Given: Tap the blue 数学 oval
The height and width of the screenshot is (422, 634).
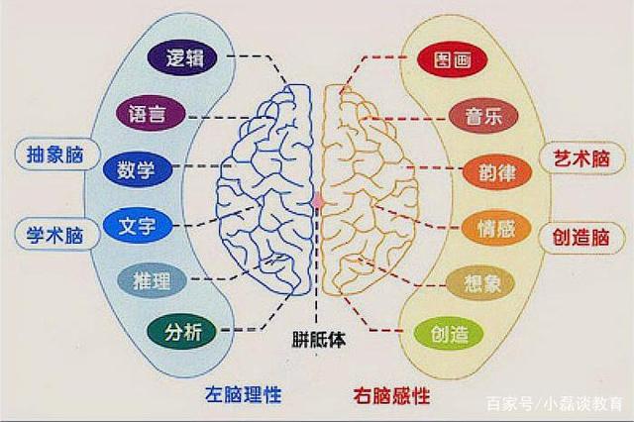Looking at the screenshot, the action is pyautogui.click(x=136, y=168).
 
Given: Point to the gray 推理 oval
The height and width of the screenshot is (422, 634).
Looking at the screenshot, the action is pyautogui.click(x=152, y=280).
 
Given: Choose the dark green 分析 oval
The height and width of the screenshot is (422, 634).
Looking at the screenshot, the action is pyautogui.click(x=180, y=332).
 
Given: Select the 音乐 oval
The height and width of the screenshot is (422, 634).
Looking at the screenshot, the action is pyautogui.click(x=484, y=115).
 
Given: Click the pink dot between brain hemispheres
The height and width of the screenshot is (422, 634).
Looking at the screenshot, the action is pyautogui.click(x=318, y=200).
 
